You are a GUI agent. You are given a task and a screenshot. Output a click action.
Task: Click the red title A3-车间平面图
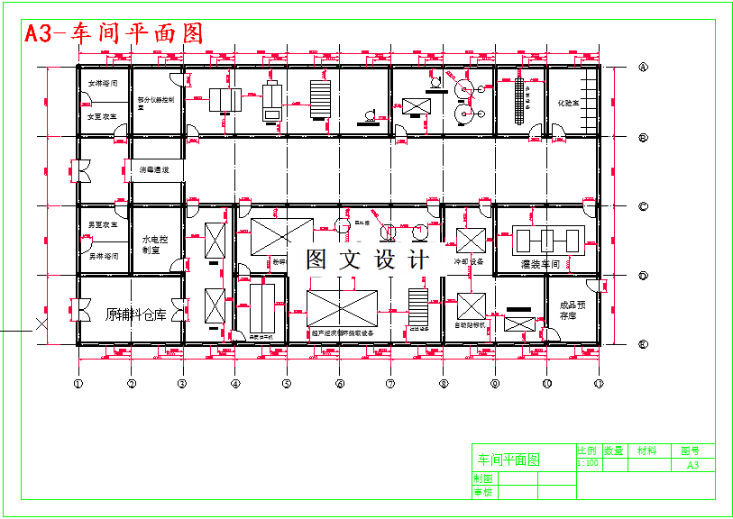(x=114, y=33)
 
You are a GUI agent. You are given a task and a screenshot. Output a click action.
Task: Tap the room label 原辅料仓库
(x=137, y=314)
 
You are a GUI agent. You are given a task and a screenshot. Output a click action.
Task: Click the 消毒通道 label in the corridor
(x=154, y=169)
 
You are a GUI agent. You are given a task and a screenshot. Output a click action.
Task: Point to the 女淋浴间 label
(x=103, y=84)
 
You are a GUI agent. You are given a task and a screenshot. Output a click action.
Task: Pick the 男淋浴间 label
(x=103, y=256)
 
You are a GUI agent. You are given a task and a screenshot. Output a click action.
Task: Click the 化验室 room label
(x=569, y=103)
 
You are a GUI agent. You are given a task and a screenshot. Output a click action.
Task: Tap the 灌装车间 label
(x=541, y=265)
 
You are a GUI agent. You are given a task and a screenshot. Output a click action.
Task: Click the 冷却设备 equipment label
(x=469, y=262)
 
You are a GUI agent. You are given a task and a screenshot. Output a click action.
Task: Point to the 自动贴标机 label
(x=470, y=324)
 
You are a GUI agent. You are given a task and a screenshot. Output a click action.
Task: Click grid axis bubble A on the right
(x=643, y=68)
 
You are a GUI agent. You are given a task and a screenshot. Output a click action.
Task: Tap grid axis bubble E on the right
(x=643, y=344)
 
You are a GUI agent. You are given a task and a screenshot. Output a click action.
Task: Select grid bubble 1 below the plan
(x=78, y=384)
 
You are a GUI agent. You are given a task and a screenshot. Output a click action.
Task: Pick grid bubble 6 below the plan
(x=339, y=384)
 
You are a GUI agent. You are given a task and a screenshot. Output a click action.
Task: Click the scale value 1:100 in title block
(x=588, y=463)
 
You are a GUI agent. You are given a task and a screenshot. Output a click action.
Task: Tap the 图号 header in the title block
(x=690, y=451)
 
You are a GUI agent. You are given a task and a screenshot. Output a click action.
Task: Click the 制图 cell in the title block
(x=483, y=478)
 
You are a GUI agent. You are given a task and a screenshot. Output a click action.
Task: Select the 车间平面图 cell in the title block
(x=508, y=460)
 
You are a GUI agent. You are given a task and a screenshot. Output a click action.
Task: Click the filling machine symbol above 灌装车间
(x=546, y=240)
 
